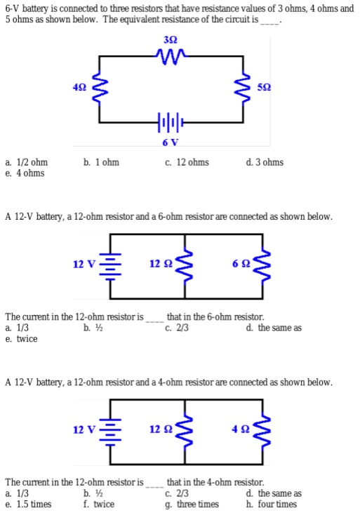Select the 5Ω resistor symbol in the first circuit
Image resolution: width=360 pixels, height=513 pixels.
245,88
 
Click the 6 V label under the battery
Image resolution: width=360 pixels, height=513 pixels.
170,142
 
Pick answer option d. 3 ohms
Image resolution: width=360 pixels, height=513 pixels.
265,163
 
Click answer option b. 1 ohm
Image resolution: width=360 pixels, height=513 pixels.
100,163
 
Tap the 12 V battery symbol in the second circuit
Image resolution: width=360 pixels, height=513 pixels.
110,265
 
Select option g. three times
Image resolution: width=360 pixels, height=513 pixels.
192,504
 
